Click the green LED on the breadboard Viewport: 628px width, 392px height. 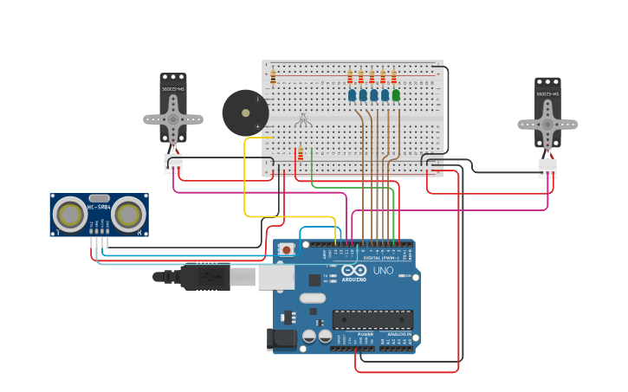(x=396, y=95)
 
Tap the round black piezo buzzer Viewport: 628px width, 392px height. (x=245, y=112)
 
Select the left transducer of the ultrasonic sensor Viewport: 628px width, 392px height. (x=69, y=215)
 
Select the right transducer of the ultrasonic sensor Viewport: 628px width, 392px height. (x=128, y=215)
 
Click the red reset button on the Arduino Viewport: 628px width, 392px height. (x=287, y=249)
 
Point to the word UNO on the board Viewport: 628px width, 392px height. (x=383, y=271)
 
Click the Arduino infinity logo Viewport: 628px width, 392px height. (x=353, y=271)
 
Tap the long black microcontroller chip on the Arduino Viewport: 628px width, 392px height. (x=372, y=319)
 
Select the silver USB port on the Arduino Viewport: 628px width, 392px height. (x=276, y=277)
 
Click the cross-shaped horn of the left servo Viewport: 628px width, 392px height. (x=173, y=116)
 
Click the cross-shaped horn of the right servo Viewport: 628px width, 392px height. (x=547, y=124)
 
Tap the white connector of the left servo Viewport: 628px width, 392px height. (x=173, y=164)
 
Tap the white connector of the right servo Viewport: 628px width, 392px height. (x=547, y=167)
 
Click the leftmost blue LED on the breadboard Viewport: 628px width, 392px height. (x=353, y=95)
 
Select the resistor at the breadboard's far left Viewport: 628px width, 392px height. (x=273, y=78)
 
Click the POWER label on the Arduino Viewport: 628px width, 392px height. (x=366, y=334)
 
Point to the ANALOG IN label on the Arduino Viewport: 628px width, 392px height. (x=399, y=334)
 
